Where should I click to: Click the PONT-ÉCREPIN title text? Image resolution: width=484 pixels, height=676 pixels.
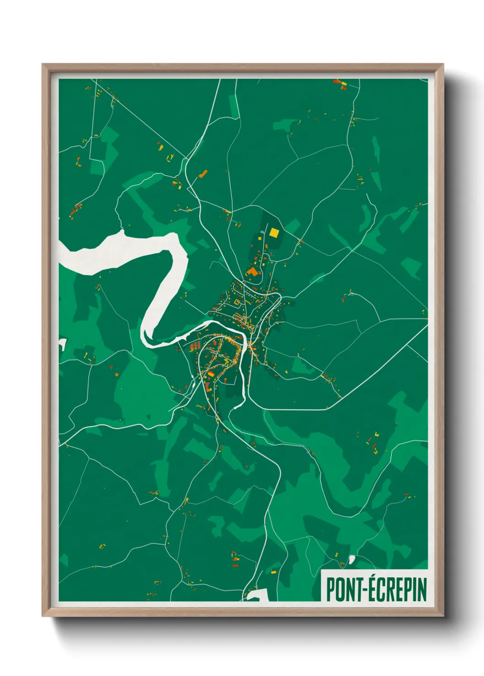[x=376, y=589]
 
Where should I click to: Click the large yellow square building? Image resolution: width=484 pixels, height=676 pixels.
[x=274, y=232]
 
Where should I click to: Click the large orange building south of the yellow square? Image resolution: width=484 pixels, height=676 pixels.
[x=252, y=272]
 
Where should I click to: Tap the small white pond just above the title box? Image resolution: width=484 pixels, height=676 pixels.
[x=351, y=559]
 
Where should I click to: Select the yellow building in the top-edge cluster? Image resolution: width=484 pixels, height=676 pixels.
[x=344, y=84]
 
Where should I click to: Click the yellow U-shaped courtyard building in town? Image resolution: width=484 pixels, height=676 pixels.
[x=237, y=302]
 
